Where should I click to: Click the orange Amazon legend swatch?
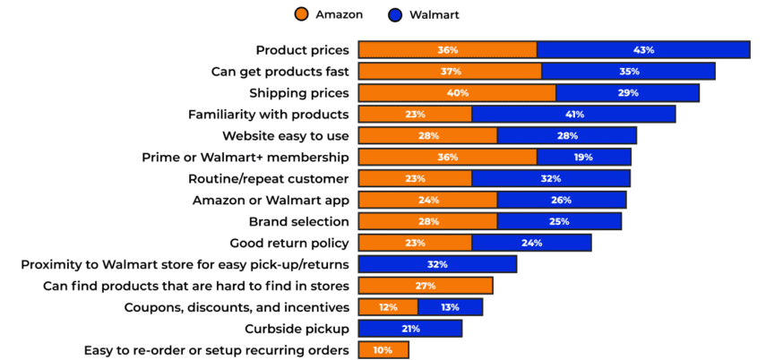pyautogui.click(x=301, y=14)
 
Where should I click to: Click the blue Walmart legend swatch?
pyautogui.click(x=395, y=14)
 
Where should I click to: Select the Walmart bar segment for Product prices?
pyautogui.click(x=643, y=50)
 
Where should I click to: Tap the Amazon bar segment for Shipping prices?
pyautogui.click(x=457, y=92)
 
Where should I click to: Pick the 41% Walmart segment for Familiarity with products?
pyautogui.click(x=573, y=114)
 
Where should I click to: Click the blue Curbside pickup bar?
pyautogui.click(x=410, y=329)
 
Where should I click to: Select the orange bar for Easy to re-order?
pyautogui.click(x=383, y=350)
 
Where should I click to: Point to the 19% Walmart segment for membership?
pyautogui.click(x=583, y=157)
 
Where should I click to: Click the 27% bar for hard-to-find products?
pyautogui.click(x=426, y=286)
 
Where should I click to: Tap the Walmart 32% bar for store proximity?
pyautogui.click(x=437, y=264)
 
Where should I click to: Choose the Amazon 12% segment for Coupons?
pyautogui.click(x=388, y=307)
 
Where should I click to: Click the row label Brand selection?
pyautogui.click(x=298, y=221)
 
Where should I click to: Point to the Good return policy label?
pyautogui.click(x=289, y=243)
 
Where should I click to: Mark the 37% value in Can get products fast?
pyautogui.click(x=450, y=72)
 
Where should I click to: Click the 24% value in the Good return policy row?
pyautogui.click(x=531, y=243)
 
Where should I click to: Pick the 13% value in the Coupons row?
pyautogui.click(x=450, y=307)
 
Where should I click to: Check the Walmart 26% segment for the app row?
pyautogui.click(x=562, y=200)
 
